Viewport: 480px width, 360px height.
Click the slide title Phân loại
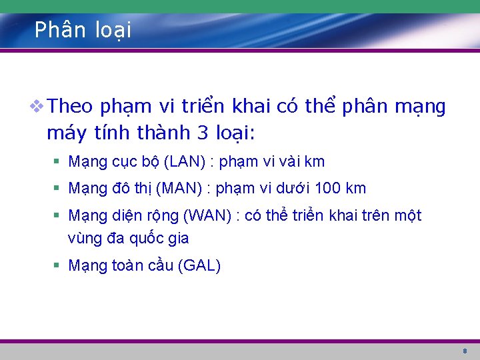pyautogui.click(x=83, y=30)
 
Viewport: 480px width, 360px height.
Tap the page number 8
pyautogui.click(x=465, y=351)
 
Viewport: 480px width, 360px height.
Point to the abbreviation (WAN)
pyautogui.click(x=208, y=215)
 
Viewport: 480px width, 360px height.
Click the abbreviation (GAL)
pyautogui.click(x=199, y=265)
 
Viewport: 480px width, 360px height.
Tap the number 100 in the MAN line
pyautogui.click(x=328, y=189)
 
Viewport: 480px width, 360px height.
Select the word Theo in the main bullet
pyautogui.click(x=72, y=107)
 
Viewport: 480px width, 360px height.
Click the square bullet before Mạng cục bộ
pyautogui.click(x=58, y=162)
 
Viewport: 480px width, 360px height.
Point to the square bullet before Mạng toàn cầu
pyautogui.click(x=58, y=266)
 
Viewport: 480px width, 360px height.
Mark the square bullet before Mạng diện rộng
pyautogui.click(x=58, y=216)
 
